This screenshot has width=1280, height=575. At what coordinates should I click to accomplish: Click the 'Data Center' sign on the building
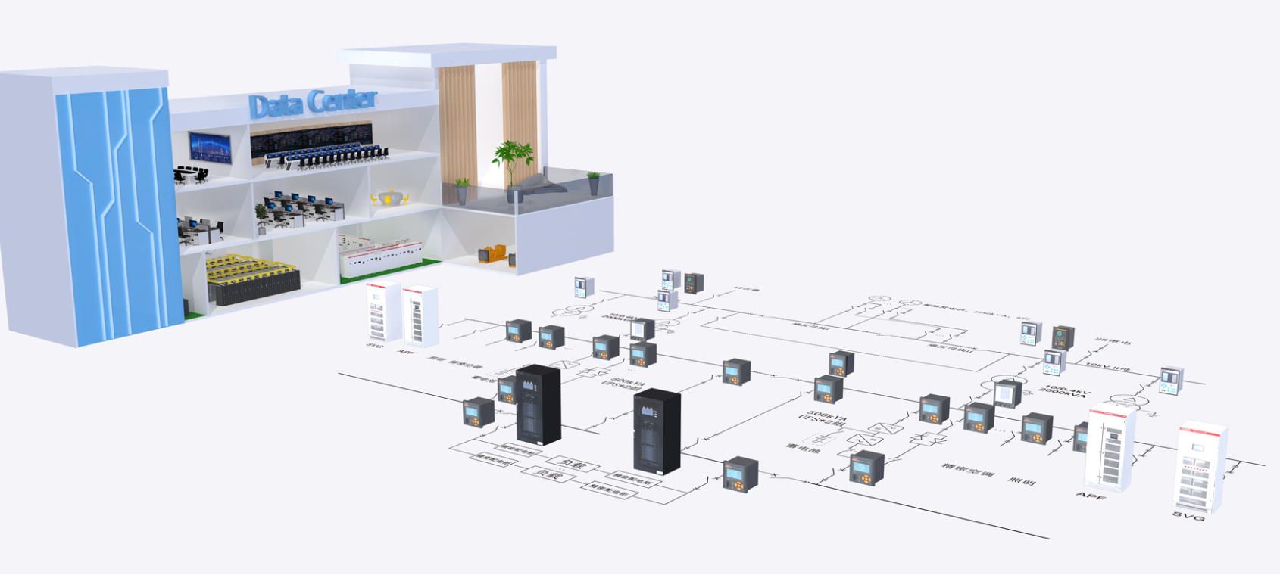click(x=312, y=104)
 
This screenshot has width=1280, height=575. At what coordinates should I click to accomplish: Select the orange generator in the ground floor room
click(x=493, y=254)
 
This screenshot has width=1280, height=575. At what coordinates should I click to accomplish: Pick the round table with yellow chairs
click(x=389, y=199)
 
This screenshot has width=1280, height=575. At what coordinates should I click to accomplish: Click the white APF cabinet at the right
click(x=1110, y=446)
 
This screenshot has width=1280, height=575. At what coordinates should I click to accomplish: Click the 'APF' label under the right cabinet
click(x=1091, y=496)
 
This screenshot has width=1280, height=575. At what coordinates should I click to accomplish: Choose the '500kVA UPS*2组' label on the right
click(x=823, y=418)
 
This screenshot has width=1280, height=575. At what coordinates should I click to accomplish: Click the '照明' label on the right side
click(x=1022, y=480)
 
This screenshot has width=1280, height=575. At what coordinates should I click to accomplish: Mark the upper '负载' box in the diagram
click(x=572, y=462)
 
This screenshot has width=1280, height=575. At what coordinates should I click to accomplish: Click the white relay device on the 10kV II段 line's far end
click(x=1171, y=380)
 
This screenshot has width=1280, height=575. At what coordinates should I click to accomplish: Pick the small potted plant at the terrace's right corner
click(x=594, y=182)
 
